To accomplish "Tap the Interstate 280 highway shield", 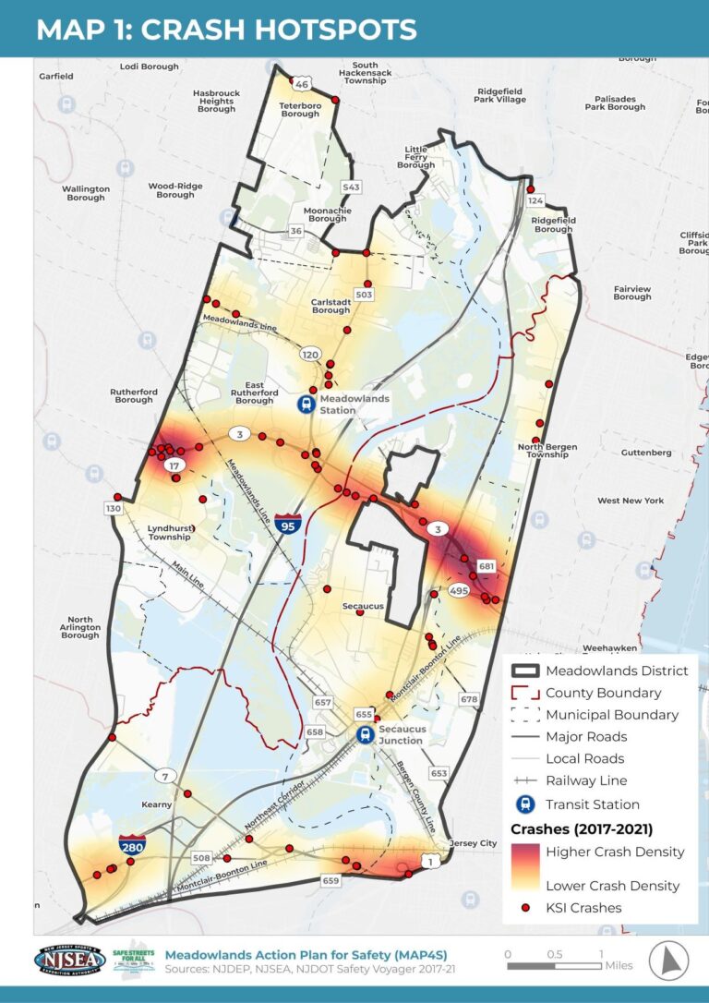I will pyautogui.click(x=131, y=845).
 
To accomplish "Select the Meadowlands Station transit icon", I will pyautogui.click(x=304, y=404).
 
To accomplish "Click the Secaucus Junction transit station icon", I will pyautogui.click(x=366, y=734).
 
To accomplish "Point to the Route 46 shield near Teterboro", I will pyautogui.click(x=300, y=84).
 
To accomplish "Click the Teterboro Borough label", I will pyautogui.click(x=299, y=110).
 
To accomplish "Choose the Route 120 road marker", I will pyautogui.click(x=309, y=355).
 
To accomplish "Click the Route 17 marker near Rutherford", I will pyautogui.click(x=173, y=467).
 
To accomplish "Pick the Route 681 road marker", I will pyautogui.click(x=487, y=565).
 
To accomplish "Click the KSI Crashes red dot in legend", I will pyautogui.click(x=525, y=908).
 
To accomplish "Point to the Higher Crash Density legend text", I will pyautogui.click(x=615, y=852).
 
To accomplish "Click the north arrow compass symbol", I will pyautogui.click(x=668, y=961).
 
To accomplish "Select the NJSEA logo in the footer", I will pyautogui.click(x=69, y=961).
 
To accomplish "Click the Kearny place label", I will pyautogui.click(x=157, y=804).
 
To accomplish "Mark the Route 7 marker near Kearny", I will pyautogui.click(x=166, y=775).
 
